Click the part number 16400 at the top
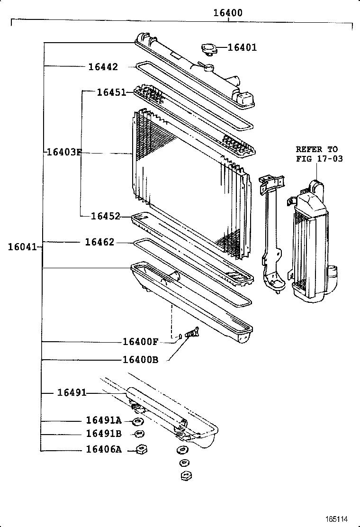coord(227,13)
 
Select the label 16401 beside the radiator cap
coord(242,47)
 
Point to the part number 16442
coord(103,67)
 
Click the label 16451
coord(111,92)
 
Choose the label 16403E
coord(64,153)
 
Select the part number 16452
coord(106,216)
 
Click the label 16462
coord(99,242)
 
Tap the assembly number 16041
coord(22,246)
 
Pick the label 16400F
coord(140,342)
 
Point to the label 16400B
coord(140,359)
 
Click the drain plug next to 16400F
coord(193,334)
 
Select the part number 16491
coord(72,392)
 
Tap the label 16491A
coord(104,420)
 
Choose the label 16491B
coord(104,434)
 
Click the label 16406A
coord(104,449)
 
